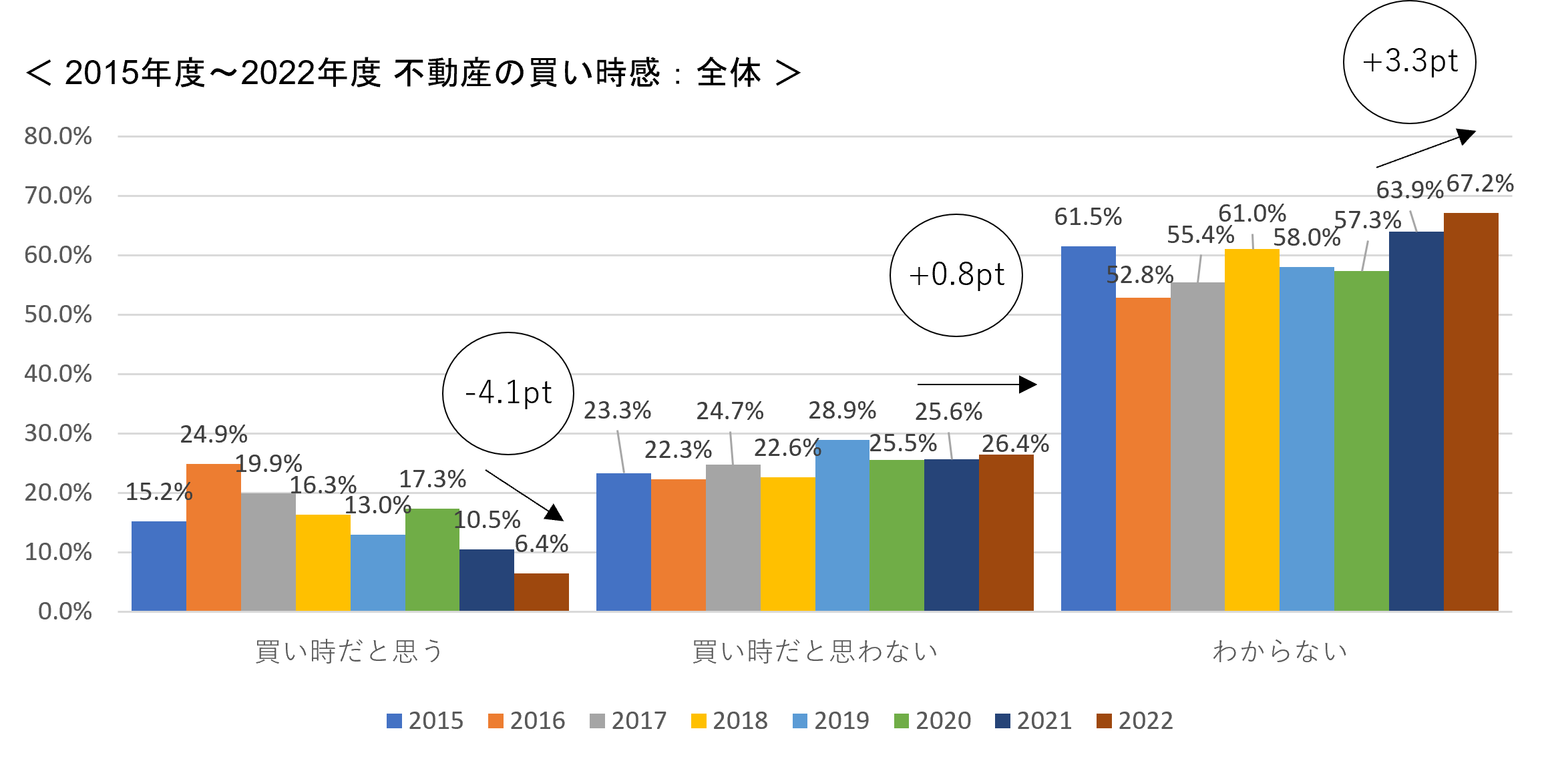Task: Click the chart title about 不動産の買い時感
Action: [413, 73]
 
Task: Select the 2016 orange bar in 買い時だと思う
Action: [214, 537]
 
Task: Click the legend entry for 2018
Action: [729, 721]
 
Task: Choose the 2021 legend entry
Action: [1033, 721]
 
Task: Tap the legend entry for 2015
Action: [425, 721]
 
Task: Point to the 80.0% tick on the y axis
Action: [58, 136]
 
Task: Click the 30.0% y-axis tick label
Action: [58, 433]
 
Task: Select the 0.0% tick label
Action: [65, 611]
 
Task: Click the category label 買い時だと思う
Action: [349, 651]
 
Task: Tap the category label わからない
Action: [1280, 651]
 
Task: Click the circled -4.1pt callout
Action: [508, 393]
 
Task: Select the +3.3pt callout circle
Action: [1410, 62]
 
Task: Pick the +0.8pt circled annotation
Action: [956, 275]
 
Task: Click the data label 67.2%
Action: [1480, 184]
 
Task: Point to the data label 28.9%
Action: [842, 411]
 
